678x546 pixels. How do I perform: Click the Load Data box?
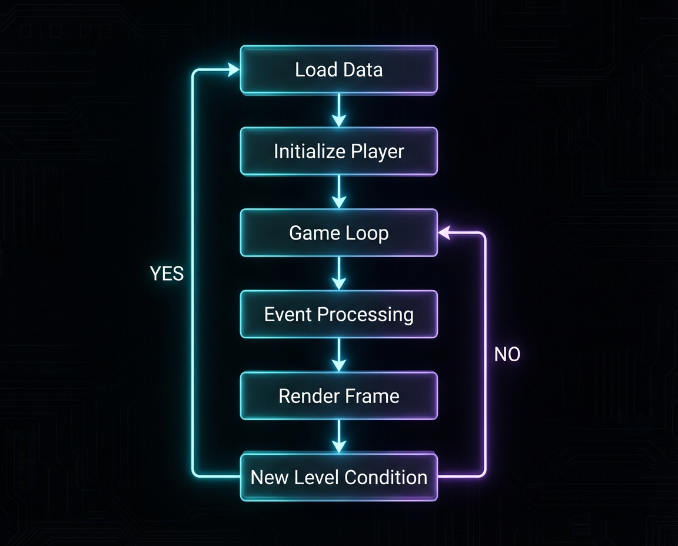(x=338, y=70)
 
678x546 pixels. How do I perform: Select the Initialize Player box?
(x=338, y=152)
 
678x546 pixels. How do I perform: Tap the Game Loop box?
(x=338, y=233)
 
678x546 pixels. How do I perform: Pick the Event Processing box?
(x=338, y=314)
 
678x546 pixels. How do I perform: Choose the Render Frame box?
(x=338, y=396)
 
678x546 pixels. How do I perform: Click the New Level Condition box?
(x=338, y=477)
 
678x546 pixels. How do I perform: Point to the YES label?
(x=167, y=274)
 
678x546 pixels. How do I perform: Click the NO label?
(x=507, y=355)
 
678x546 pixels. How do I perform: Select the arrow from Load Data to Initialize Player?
(x=338, y=111)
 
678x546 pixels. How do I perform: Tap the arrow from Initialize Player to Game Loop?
(x=338, y=192)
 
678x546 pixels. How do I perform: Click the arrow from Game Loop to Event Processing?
(x=338, y=274)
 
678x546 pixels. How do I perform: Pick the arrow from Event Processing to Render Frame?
(x=338, y=355)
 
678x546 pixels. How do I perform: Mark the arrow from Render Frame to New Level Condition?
(x=338, y=436)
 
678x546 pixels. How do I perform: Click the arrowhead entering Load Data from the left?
(x=233, y=70)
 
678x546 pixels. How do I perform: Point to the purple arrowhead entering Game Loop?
(x=444, y=234)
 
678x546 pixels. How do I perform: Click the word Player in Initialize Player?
(x=377, y=152)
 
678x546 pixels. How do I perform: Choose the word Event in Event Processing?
(x=289, y=314)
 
